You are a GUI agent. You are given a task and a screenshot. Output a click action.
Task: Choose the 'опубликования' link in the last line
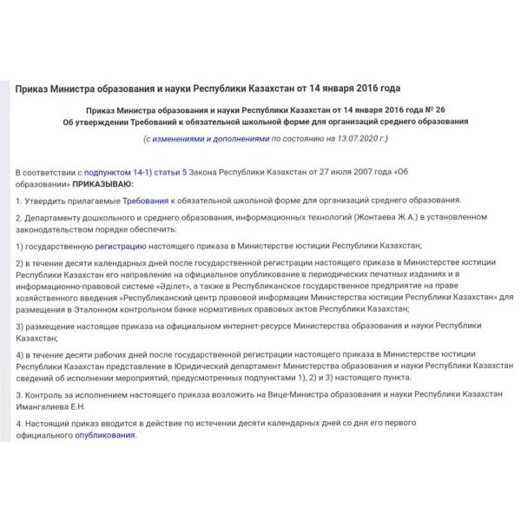105,435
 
